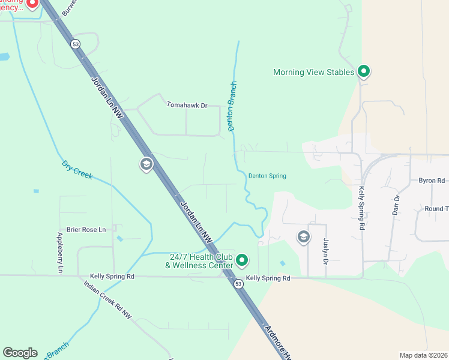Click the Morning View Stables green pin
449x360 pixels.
point(363,71)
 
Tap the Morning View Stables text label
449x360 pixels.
point(314,72)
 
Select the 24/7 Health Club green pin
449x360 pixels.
point(241,260)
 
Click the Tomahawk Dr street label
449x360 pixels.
point(186,105)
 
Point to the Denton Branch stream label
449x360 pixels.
point(232,106)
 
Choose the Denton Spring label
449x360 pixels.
point(267,176)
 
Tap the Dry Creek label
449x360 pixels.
point(77,170)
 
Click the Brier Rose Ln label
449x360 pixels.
point(86,229)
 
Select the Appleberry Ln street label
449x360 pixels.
point(60,253)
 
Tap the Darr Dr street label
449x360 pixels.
point(396,205)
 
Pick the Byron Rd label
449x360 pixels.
point(432,180)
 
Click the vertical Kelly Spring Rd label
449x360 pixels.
point(361,208)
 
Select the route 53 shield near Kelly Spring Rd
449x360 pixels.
point(238,284)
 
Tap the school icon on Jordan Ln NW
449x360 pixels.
point(146,164)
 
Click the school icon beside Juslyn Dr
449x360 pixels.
point(303,238)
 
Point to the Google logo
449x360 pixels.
point(20,353)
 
